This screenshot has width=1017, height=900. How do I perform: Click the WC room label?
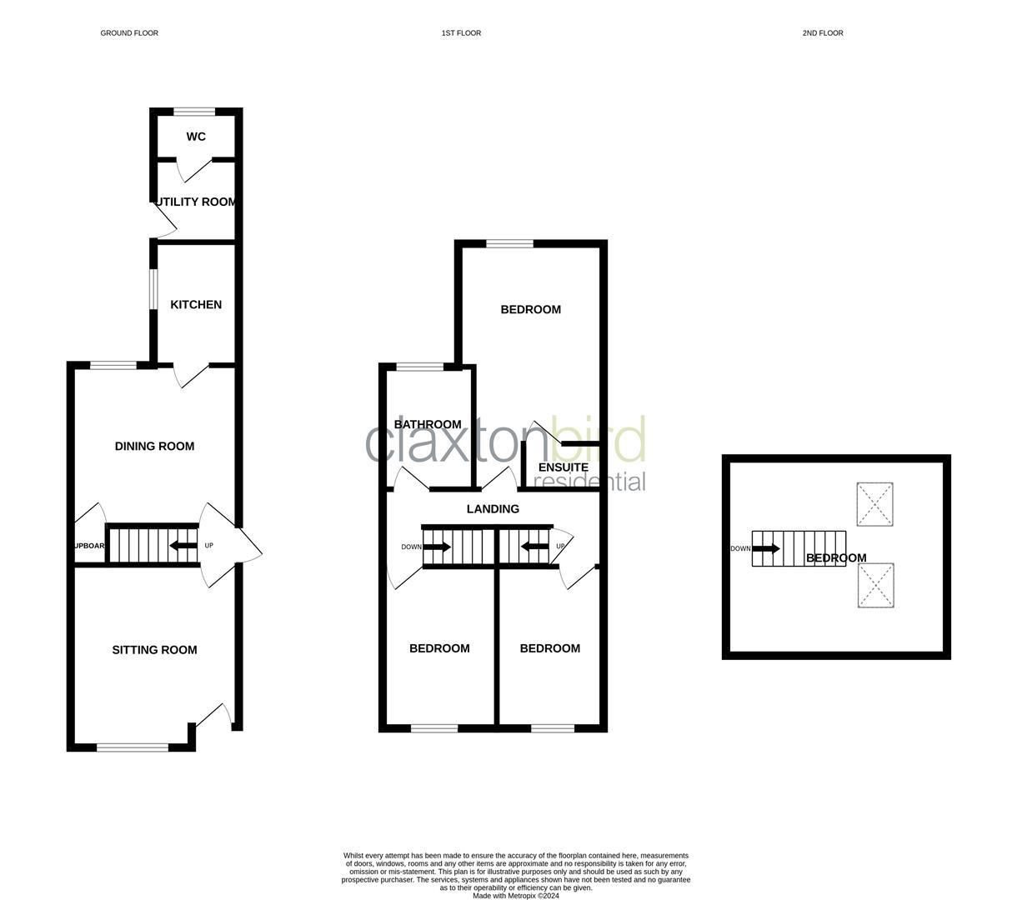coord(196,137)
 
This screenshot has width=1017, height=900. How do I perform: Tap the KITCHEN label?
coord(196,305)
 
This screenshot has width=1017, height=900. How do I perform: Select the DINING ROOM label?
coord(154,447)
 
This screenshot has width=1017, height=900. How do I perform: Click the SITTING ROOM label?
coord(154,650)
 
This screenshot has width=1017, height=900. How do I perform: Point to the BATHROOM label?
coord(428,425)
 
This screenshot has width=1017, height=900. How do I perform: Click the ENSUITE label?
coord(564,467)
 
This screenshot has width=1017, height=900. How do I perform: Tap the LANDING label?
coord(493,509)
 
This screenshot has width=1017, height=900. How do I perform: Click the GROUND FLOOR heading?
coord(129,33)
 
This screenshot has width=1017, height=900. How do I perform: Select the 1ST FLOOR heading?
coord(461,33)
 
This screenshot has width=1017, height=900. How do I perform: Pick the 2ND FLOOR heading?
coord(823,33)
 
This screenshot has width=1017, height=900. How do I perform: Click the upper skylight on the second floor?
coord(875,504)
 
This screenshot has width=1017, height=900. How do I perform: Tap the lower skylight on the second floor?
coord(875,585)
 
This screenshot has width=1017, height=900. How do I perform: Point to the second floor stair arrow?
coord(766,549)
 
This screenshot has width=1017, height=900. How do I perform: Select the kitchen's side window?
coord(153,288)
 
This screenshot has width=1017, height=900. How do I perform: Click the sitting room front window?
coord(133,747)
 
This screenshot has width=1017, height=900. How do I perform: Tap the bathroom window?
coord(420,367)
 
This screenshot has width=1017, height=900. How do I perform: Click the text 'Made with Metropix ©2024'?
coord(516,897)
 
